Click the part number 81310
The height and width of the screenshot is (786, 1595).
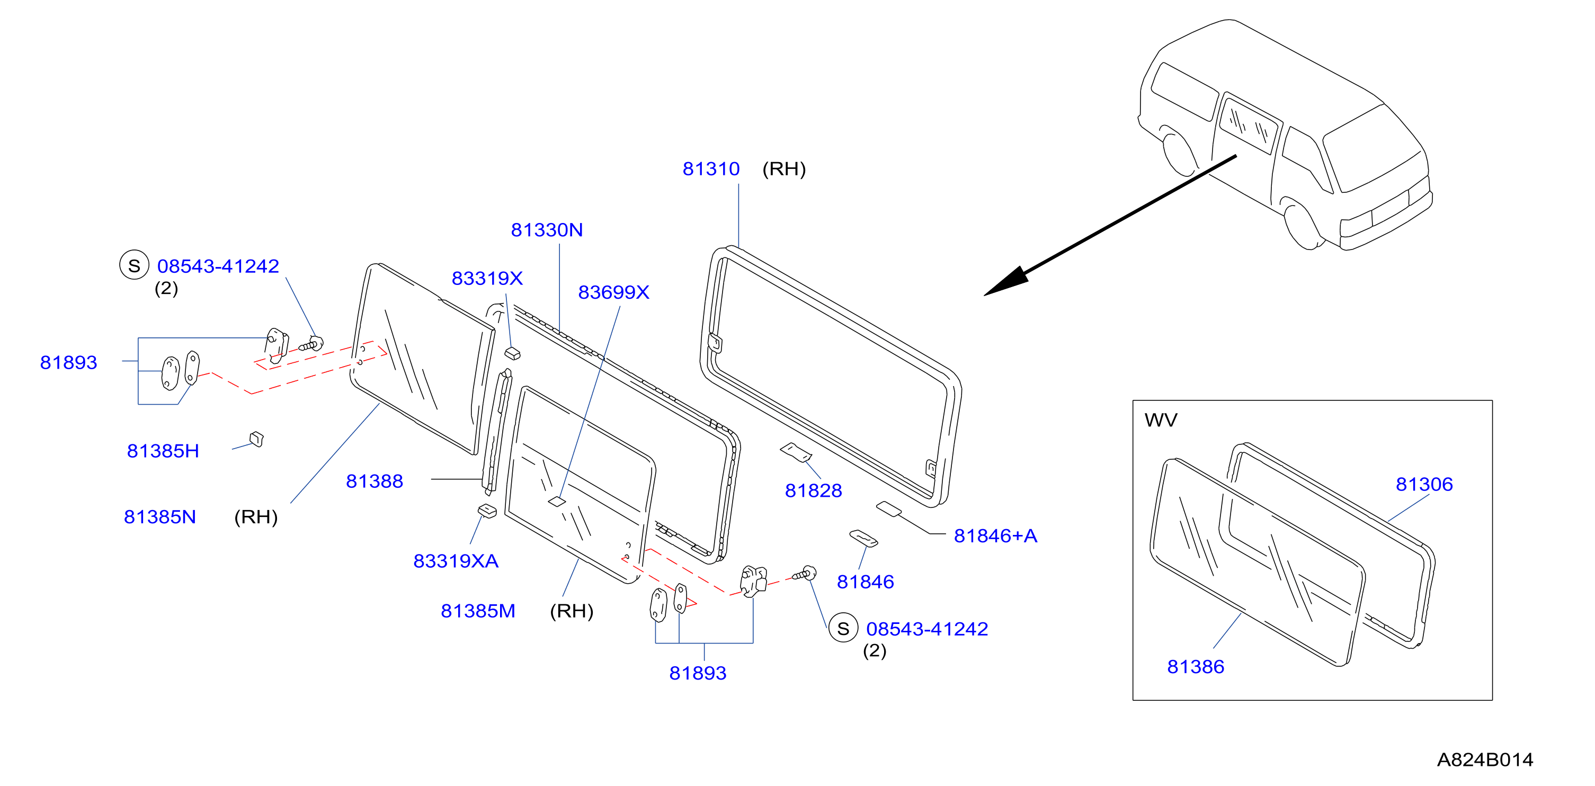tap(711, 169)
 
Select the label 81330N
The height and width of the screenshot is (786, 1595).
tap(547, 230)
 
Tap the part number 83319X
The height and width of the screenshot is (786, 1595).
tap(487, 279)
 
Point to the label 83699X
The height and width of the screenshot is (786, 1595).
tap(613, 292)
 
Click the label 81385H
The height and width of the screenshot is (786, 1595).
tap(163, 451)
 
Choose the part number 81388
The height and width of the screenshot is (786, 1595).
tap(375, 481)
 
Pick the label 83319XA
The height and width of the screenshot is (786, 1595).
tap(456, 561)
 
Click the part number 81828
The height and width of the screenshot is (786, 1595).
tap(814, 491)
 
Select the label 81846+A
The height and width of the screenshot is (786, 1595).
tap(996, 536)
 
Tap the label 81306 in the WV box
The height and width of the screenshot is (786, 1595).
tap(1424, 485)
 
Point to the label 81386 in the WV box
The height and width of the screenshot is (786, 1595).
tap(1196, 667)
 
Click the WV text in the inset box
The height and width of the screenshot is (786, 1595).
tap(1161, 420)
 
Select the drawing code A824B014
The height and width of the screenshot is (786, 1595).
tap(1485, 760)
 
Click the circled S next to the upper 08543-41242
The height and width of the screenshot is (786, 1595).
tap(135, 265)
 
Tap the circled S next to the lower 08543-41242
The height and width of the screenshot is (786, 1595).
tap(843, 628)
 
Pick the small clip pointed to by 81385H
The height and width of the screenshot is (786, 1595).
tap(256, 439)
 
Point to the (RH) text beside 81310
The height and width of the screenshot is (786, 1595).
tap(784, 169)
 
